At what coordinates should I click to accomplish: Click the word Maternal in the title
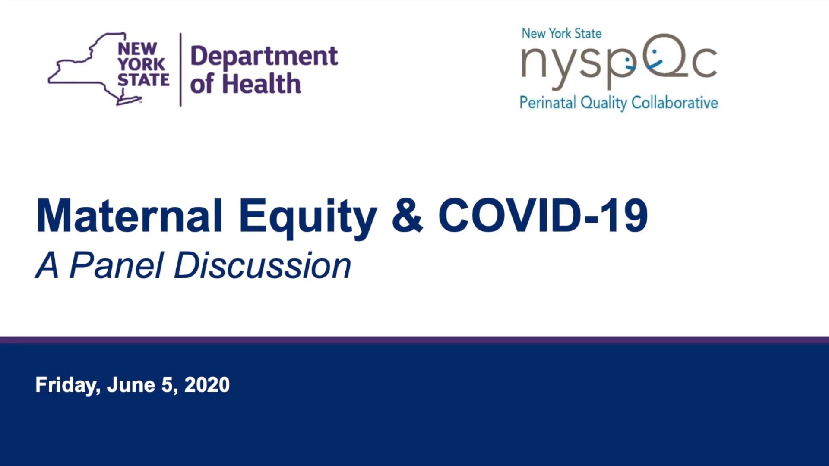pyautogui.click(x=130, y=215)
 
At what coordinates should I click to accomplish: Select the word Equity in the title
pyautogui.click(x=308, y=218)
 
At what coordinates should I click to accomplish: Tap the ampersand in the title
pyautogui.click(x=407, y=215)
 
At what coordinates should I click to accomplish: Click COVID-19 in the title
pyautogui.click(x=543, y=215)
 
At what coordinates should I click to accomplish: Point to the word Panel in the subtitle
pyautogui.click(x=117, y=265)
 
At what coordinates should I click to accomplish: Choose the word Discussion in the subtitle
pyautogui.click(x=263, y=265)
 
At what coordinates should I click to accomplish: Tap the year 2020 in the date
pyautogui.click(x=207, y=384)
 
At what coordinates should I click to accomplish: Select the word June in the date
pyautogui.click(x=131, y=384)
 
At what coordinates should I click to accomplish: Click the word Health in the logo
pyautogui.click(x=261, y=83)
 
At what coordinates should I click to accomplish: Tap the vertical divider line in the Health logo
pyautogui.click(x=180, y=69)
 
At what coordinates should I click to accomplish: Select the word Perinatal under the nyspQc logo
pyautogui.click(x=547, y=103)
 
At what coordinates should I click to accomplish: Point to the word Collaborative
pyautogui.click(x=674, y=103)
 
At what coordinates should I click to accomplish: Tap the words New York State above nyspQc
pyautogui.click(x=561, y=33)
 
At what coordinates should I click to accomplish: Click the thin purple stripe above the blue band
pyautogui.click(x=414, y=340)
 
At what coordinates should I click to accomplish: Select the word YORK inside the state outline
pyautogui.click(x=141, y=64)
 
